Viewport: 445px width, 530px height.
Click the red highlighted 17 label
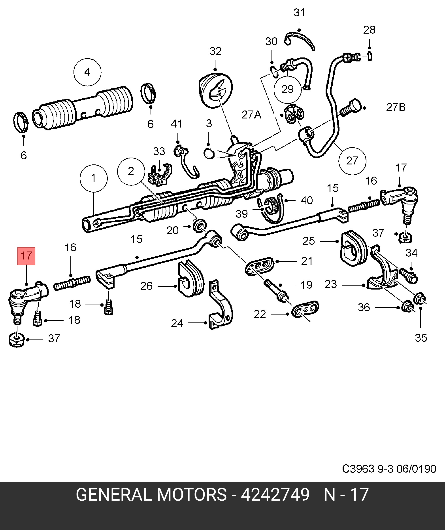(x=26, y=256)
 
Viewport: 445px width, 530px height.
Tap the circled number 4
(x=87, y=72)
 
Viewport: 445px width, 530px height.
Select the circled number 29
(x=288, y=89)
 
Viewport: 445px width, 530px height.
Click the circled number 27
(x=352, y=161)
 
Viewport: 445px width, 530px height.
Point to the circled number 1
(x=93, y=178)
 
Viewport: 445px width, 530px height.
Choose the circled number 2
(x=131, y=171)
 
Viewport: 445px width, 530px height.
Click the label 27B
(x=396, y=108)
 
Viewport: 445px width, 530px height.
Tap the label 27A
(x=251, y=115)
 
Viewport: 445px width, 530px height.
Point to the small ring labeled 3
(x=209, y=153)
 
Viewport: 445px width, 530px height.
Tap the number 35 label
(x=421, y=338)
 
